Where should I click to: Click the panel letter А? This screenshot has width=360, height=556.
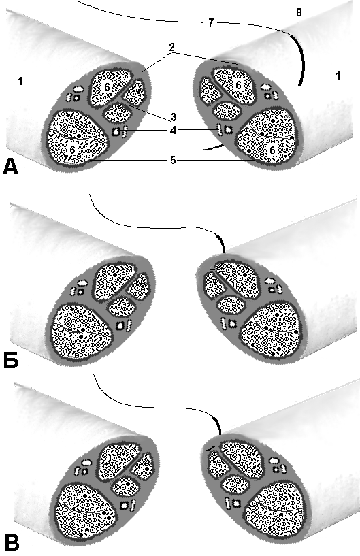click(10, 166)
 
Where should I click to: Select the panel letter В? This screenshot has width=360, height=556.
click(12, 542)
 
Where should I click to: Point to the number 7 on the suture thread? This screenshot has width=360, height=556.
click(211, 22)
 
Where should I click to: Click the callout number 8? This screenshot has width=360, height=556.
click(299, 12)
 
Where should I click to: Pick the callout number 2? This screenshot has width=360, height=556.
click(172, 47)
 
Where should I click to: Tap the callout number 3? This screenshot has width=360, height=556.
click(173, 116)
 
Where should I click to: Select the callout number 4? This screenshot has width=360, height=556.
click(173, 130)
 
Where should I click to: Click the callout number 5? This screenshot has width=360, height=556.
click(173, 160)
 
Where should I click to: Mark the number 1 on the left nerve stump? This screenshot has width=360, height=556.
click(20, 81)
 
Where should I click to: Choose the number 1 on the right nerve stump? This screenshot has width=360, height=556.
click(338, 76)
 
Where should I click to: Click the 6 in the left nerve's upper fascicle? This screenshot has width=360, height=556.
click(107, 86)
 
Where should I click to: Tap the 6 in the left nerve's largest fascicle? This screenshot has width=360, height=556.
click(72, 150)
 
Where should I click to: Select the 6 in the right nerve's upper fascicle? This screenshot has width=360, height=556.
click(239, 85)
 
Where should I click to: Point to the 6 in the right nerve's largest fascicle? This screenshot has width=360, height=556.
click(272, 150)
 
